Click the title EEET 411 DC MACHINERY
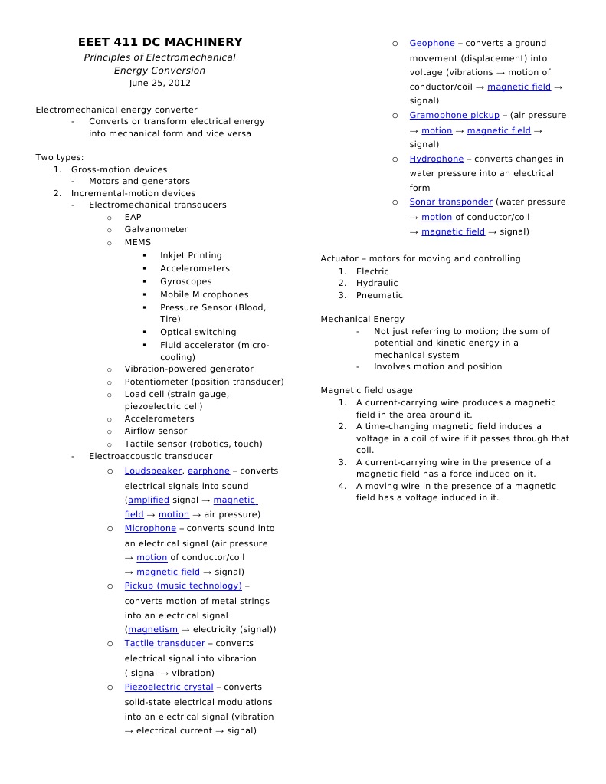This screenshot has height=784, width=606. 160,42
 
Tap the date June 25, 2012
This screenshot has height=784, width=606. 160,83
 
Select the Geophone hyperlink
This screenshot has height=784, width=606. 432,43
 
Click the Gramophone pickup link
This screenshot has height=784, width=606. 454,115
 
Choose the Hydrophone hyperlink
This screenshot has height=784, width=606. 437,159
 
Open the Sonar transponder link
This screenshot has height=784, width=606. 450,202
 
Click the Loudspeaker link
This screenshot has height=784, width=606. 153,471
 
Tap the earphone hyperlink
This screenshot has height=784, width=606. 208,471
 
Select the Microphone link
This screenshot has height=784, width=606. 150,528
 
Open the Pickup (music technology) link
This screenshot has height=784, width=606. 183,586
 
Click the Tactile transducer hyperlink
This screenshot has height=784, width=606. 165,643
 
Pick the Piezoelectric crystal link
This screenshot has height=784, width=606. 169,687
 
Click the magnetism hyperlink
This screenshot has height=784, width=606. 152,629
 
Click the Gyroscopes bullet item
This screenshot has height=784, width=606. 186,281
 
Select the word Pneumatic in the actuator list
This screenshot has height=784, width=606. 379,295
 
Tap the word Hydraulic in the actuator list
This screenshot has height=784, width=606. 377,283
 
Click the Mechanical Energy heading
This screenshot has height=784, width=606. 362,319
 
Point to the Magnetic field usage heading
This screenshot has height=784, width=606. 366,390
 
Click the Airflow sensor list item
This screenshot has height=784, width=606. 156,431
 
